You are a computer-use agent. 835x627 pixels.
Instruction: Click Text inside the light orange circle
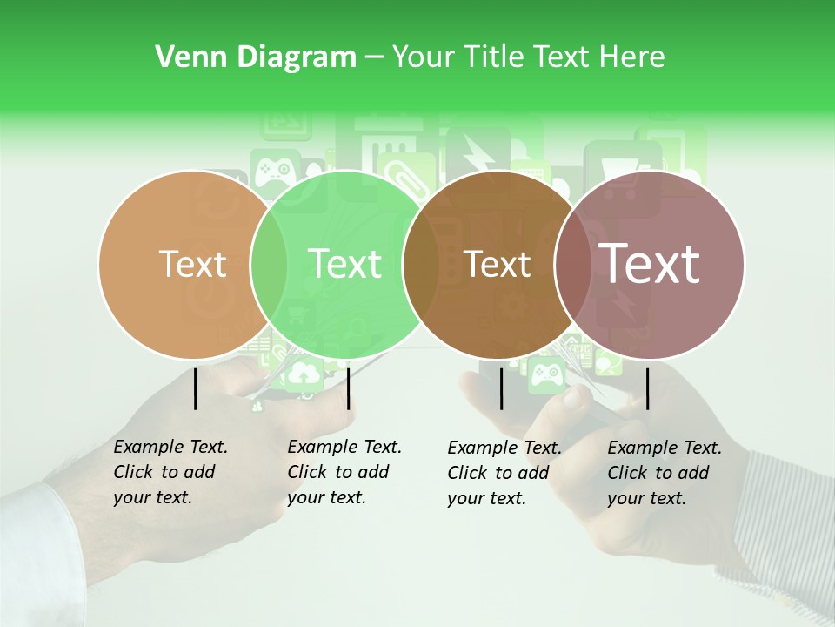(x=192, y=264)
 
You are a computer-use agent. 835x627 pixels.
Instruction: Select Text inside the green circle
(x=344, y=264)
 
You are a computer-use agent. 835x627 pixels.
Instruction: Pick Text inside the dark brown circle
(x=498, y=264)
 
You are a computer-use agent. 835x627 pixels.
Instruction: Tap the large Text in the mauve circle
(x=650, y=263)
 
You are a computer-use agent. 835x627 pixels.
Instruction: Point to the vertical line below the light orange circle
(x=196, y=388)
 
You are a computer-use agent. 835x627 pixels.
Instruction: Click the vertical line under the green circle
(x=348, y=388)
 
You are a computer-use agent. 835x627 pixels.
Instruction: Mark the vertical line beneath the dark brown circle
(x=502, y=388)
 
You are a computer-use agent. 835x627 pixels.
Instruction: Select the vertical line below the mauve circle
(x=648, y=388)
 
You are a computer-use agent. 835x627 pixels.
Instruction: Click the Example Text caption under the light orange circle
(x=170, y=472)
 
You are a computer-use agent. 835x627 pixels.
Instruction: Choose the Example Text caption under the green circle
(x=344, y=472)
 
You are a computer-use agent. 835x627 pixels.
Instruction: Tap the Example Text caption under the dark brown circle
(x=504, y=473)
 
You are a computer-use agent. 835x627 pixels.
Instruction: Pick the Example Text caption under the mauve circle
(x=664, y=473)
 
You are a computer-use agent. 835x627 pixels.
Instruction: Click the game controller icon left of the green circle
(x=275, y=166)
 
